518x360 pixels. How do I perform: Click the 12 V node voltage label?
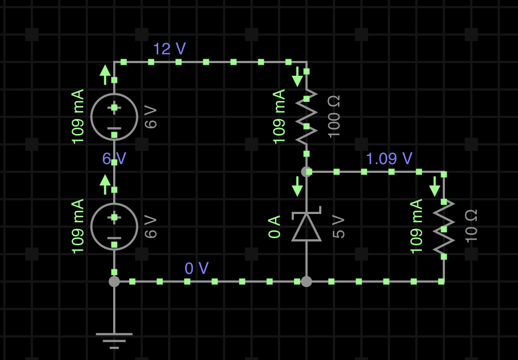click(169, 49)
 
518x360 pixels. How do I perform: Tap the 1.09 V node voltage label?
click(389, 159)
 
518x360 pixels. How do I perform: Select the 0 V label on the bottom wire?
click(197, 268)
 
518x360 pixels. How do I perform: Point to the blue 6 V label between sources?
click(114, 159)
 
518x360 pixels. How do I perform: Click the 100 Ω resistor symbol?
click(307, 116)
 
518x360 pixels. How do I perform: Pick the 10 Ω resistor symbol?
click(444, 227)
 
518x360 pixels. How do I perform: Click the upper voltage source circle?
click(114, 117)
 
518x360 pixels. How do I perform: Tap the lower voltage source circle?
click(114, 227)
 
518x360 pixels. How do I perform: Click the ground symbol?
click(114, 339)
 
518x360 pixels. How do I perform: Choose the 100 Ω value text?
click(334, 116)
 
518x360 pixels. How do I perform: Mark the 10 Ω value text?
click(471, 226)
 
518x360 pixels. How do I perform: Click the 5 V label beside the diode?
click(339, 227)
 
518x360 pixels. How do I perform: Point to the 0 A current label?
click(275, 227)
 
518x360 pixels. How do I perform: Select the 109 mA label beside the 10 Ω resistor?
click(416, 226)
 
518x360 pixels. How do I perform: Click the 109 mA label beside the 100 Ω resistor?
click(279, 116)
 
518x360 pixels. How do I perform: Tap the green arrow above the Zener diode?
click(297, 187)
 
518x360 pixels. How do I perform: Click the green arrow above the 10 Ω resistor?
click(435, 187)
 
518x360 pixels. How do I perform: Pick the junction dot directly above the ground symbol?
click(114, 282)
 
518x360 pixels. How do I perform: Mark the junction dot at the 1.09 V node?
click(307, 172)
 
